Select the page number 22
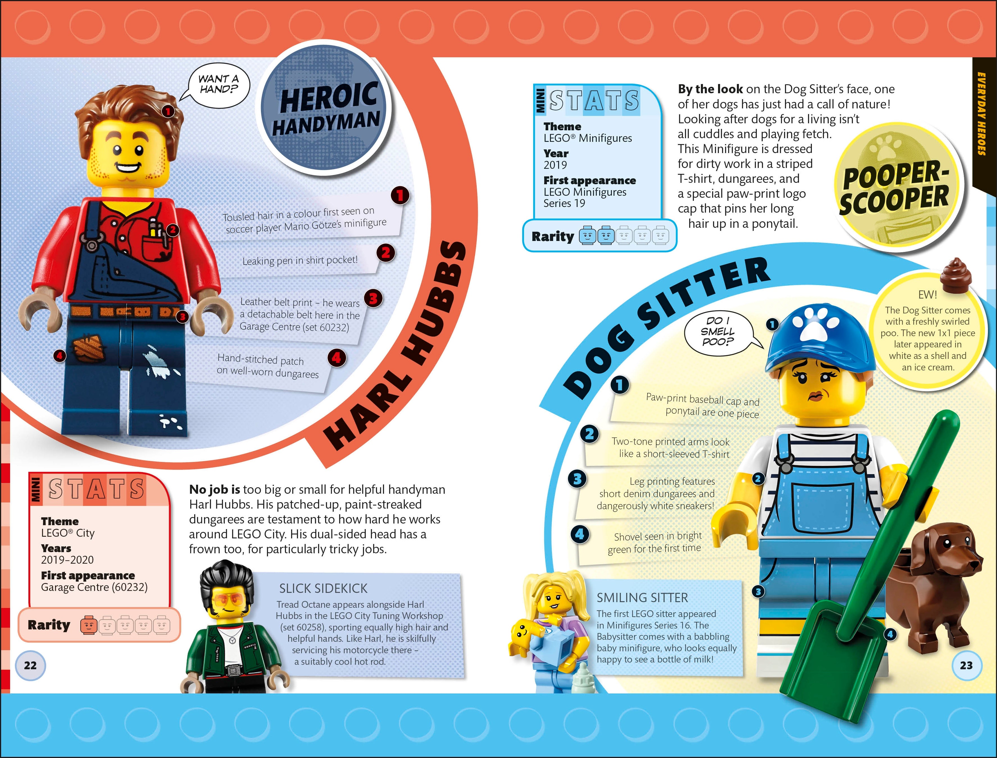pyautogui.click(x=30, y=665)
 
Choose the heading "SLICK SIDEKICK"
pyautogui.click(x=323, y=588)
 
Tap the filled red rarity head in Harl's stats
pyautogui.click(x=89, y=626)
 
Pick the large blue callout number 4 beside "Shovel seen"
pyautogui.click(x=580, y=534)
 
